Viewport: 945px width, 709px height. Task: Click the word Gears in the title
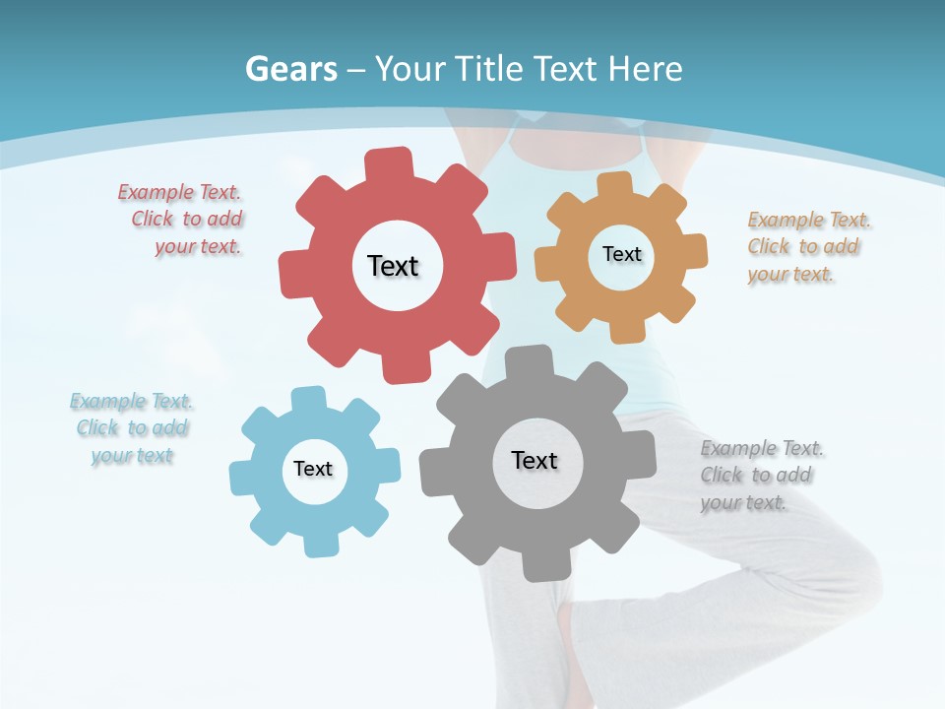290,69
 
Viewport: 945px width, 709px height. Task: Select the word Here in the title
645,69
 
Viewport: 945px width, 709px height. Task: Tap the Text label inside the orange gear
621,254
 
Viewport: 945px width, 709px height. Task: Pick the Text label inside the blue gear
313,469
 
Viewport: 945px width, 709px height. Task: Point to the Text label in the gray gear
535,460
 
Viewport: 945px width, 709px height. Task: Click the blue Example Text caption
132,428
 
